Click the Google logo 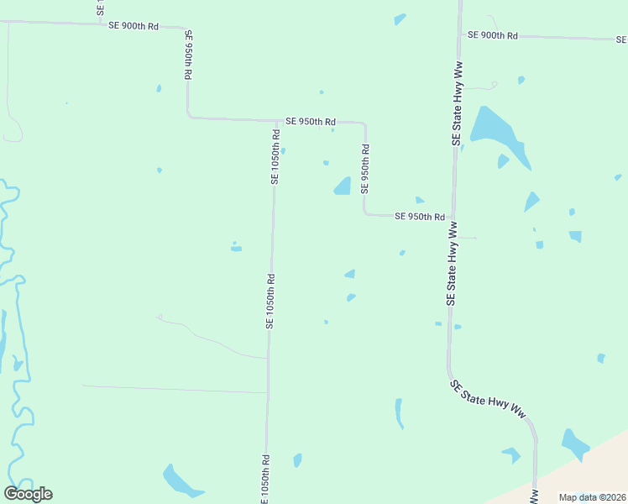(x=29, y=494)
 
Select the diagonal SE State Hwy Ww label (x=493, y=400)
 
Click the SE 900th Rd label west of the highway (x=133, y=26)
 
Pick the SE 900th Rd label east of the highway (x=493, y=35)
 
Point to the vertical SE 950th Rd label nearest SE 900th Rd (x=188, y=55)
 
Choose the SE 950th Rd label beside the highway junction (x=419, y=217)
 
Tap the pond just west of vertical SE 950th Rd (x=343, y=186)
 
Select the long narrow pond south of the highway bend (x=399, y=412)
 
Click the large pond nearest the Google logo (x=180, y=481)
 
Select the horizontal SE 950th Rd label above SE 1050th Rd (x=311, y=122)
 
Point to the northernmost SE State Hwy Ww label (x=457, y=103)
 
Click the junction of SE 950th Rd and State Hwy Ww (x=453, y=217)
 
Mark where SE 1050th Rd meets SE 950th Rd (x=275, y=120)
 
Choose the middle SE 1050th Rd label (x=270, y=301)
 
